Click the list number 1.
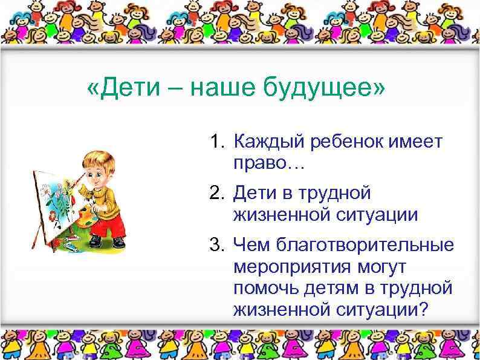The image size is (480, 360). click(217, 143)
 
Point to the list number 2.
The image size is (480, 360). click(217, 195)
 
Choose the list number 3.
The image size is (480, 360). click(217, 246)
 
